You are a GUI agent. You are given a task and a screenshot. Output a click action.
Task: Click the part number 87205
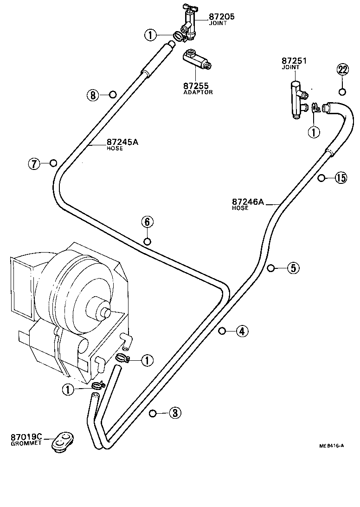pyautogui.click(x=221, y=17)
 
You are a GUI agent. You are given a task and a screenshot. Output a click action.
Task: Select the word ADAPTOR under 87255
pyautogui.click(x=198, y=92)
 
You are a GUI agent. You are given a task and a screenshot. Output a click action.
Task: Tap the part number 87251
pyautogui.click(x=294, y=61)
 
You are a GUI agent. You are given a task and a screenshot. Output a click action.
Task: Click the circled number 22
pyautogui.click(x=342, y=70)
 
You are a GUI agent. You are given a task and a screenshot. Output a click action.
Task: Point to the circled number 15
pyautogui.click(x=341, y=178)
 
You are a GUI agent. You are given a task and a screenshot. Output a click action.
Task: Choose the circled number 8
pyautogui.click(x=93, y=95)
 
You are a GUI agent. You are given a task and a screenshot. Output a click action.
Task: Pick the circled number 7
pyautogui.click(x=33, y=163)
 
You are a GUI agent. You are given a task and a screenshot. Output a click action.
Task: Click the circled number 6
pyautogui.click(x=147, y=222)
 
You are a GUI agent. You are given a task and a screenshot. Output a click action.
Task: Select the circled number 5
pyautogui.click(x=293, y=268)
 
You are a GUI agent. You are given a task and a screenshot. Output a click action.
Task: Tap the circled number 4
pyautogui.click(x=242, y=331)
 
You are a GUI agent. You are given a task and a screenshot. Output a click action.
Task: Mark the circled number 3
pyautogui.click(x=174, y=413)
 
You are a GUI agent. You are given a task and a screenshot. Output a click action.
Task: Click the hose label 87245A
pyautogui.click(x=122, y=143)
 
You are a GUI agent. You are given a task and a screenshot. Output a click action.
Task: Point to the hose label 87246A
pyautogui.click(x=248, y=202)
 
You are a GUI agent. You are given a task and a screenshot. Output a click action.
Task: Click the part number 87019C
pyautogui.click(x=26, y=437)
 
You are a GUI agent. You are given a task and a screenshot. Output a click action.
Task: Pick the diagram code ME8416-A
pyautogui.click(x=331, y=446)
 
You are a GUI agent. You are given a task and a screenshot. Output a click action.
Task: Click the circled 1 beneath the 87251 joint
pyautogui.click(x=314, y=132)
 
